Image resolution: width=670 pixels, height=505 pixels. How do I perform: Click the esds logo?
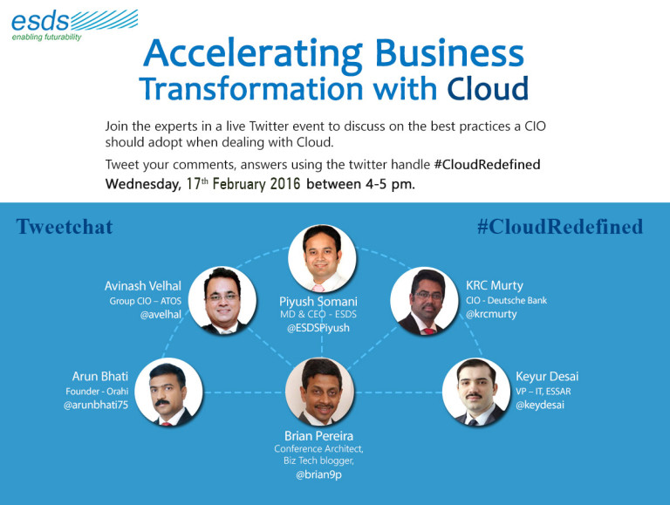pyautogui.click(x=74, y=25)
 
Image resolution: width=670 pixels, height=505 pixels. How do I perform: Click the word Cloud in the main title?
pyautogui.click(x=488, y=88)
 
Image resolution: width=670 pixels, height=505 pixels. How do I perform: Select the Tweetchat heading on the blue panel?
pyautogui.click(x=65, y=227)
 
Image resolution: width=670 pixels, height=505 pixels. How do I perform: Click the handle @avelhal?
pyautogui.click(x=161, y=315)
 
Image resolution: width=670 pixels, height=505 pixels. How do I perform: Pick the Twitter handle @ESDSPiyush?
pyautogui.click(x=318, y=328)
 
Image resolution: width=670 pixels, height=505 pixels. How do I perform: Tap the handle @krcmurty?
pyautogui.click(x=491, y=314)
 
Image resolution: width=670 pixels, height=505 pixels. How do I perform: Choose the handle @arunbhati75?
pyautogui.click(x=96, y=405)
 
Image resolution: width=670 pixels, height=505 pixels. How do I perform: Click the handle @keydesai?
pyautogui.click(x=540, y=405)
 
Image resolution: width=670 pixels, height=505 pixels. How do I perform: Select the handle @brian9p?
pyautogui.click(x=318, y=474)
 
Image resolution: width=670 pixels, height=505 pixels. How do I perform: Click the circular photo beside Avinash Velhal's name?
pyautogui.click(x=222, y=300)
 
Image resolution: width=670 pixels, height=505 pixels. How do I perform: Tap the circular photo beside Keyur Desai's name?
pyautogui.click(x=476, y=392)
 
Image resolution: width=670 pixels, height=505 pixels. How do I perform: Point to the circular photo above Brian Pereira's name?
pyautogui.click(x=319, y=392)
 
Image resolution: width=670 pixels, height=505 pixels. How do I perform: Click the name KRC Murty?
pyautogui.click(x=495, y=285)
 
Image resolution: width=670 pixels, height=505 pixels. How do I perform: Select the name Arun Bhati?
pyautogui.click(x=100, y=377)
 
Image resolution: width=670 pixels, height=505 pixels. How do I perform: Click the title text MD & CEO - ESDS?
pyautogui.click(x=318, y=315)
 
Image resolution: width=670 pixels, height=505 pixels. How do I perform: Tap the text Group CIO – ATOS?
pyautogui.click(x=146, y=301)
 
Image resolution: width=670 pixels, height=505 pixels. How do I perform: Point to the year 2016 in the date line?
pyautogui.click(x=285, y=184)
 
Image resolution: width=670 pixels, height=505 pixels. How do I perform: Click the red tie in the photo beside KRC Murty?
pyautogui.click(x=429, y=331)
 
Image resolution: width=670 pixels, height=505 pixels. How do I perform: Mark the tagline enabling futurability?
pyautogui.click(x=46, y=38)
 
